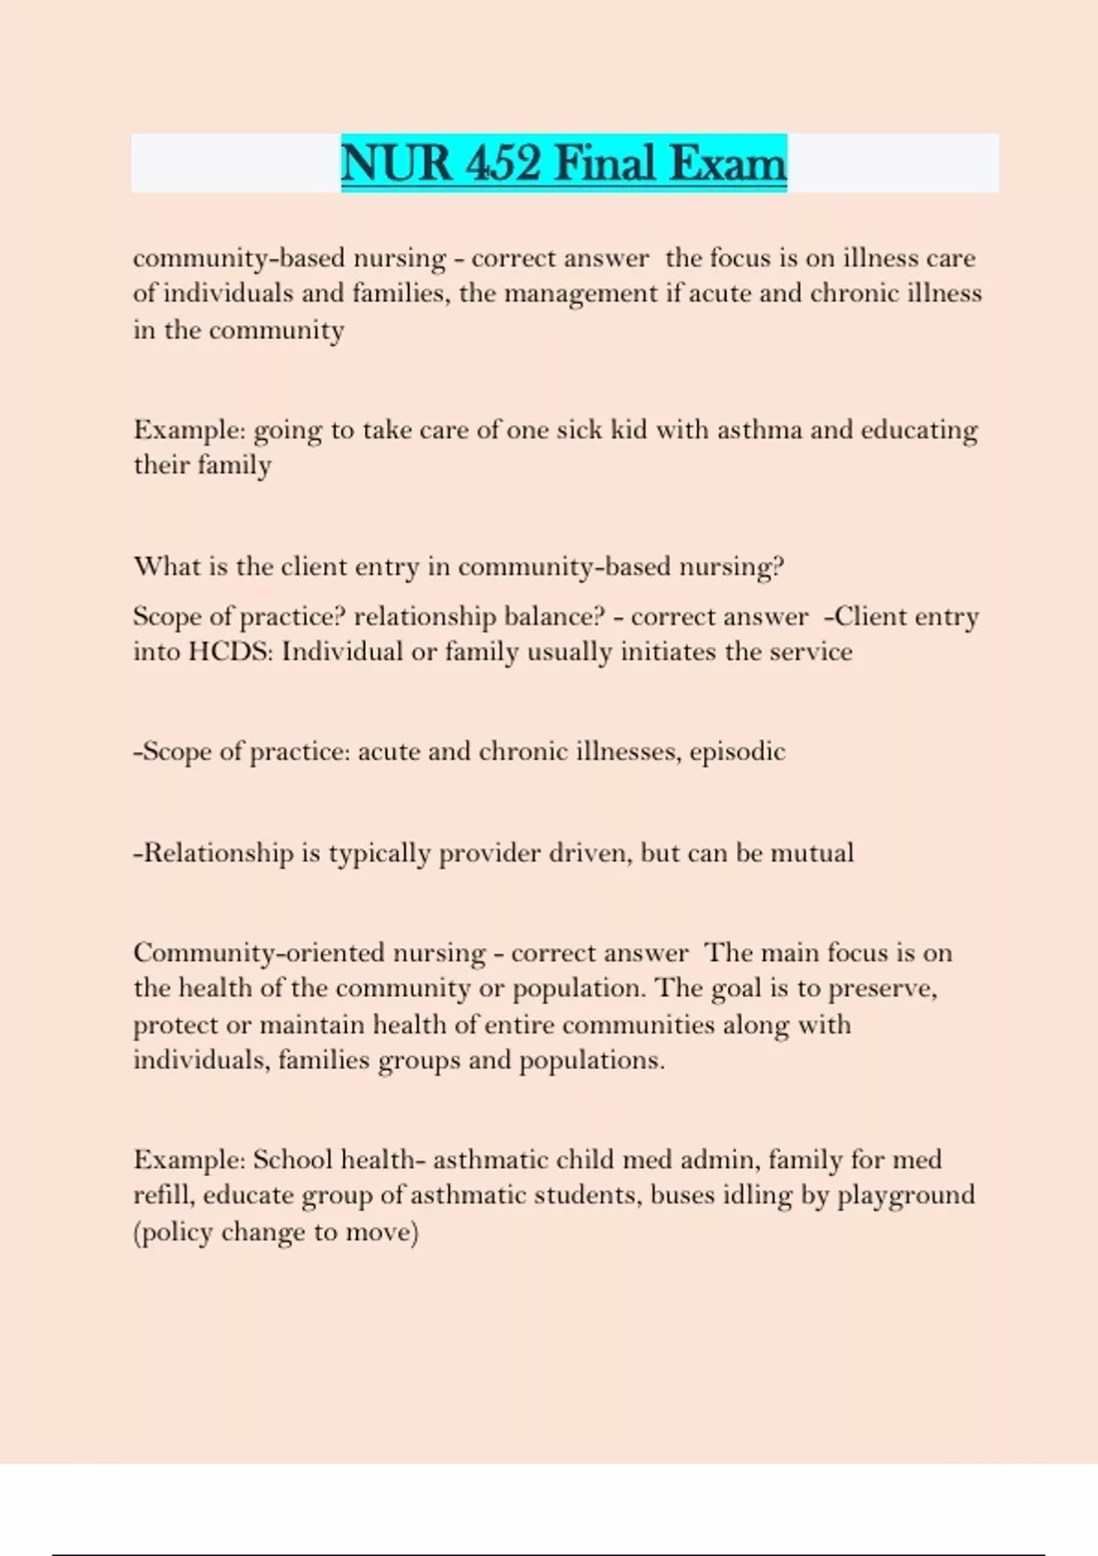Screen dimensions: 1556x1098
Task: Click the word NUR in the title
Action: click(396, 164)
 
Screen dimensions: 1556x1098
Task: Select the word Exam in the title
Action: click(727, 164)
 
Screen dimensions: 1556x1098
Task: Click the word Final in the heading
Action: click(606, 164)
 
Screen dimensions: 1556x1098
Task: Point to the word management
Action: click(580, 294)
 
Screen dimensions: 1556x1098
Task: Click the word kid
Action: click(628, 429)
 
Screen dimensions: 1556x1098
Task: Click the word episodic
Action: click(737, 752)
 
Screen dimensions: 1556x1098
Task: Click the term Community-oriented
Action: click(259, 954)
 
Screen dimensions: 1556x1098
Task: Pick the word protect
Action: click(175, 1025)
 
